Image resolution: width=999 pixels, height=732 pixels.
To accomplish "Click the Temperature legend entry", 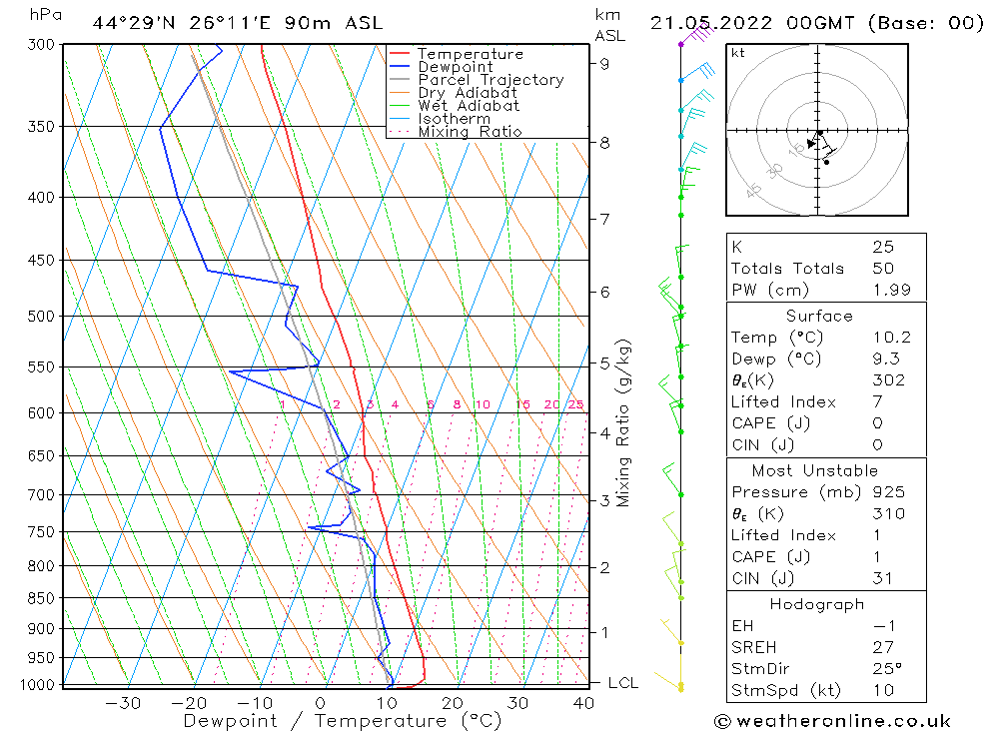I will [x=470, y=54].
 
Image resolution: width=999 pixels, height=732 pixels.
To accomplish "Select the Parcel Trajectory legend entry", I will [x=491, y=80].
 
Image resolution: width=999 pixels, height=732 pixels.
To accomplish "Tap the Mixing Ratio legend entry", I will [x=470, y=132].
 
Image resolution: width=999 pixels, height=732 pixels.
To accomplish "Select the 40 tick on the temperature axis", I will [x=583, y=703].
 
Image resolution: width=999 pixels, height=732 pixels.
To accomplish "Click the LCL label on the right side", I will [x=623, y=683].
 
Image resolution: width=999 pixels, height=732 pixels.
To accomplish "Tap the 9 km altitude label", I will [x=605, y=64].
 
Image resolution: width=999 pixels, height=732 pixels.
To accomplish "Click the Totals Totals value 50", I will [x=883, y=269].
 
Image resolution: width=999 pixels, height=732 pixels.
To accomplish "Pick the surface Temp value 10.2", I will [x=890, y=339].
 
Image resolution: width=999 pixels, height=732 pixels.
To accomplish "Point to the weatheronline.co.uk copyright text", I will [x=832, y=721].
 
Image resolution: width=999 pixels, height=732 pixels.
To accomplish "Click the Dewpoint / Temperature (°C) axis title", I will [x=343, y=721].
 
